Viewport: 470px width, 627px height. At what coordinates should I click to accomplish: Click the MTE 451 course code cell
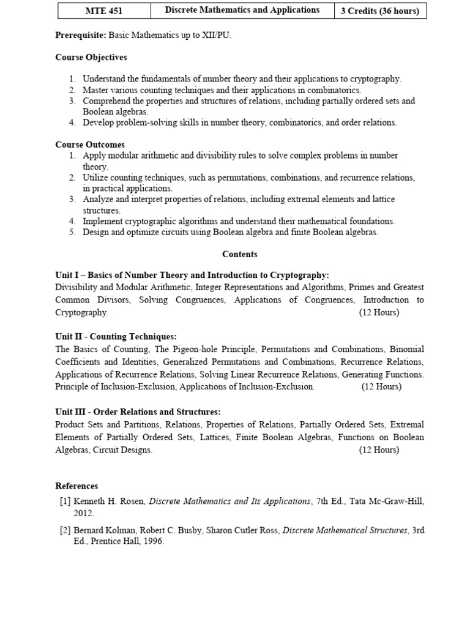coord(104,10)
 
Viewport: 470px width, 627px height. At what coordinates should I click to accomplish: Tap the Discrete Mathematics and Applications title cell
coord(242,10)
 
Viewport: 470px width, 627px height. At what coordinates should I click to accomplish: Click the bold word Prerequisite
coord(80,36)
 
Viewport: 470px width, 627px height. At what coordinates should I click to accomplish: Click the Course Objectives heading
coord(91,57)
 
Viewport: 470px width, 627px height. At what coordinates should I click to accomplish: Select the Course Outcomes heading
coord(90,145)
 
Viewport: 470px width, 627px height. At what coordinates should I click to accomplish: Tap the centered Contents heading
coord(240,254)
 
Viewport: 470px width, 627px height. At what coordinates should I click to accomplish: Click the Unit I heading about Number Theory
coord(192,275)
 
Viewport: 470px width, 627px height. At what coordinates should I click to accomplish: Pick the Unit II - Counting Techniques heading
coord(116,337)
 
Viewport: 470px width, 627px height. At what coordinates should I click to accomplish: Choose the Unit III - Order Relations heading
coord(138,412)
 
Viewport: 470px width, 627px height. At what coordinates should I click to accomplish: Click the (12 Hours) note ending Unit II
coord(381,386)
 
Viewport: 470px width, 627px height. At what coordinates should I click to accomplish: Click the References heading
coord(76,486)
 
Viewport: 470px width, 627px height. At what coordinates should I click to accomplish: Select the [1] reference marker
coord(65,501)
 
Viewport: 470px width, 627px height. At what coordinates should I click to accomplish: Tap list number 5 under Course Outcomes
coord(72,232)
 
